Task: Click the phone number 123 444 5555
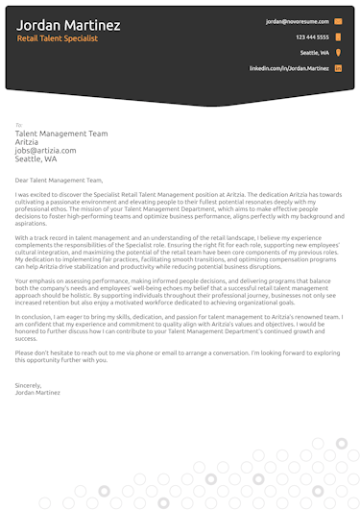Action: (313, 36)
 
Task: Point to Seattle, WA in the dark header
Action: (314, 53)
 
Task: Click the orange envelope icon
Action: (338, 20)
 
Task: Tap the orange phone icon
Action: (338, 36)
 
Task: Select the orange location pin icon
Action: (338, 53)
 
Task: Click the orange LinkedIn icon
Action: (338, 69)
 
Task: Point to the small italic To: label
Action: (18, 125)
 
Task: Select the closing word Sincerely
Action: (30, 357)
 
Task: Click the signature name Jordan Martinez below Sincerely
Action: (37, 365)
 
